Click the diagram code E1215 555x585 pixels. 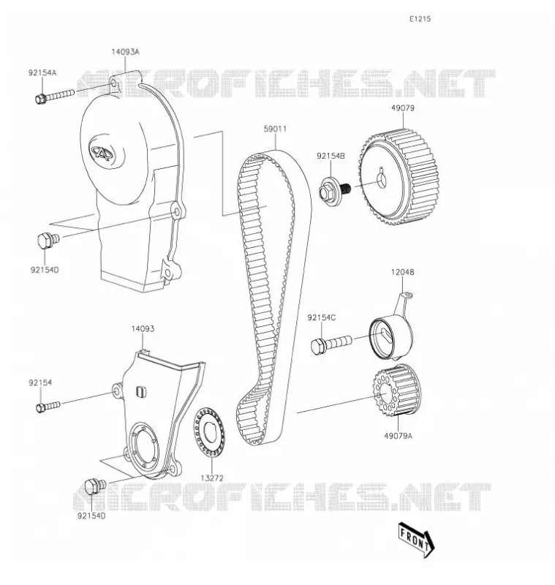420,19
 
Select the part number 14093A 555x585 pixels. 125,52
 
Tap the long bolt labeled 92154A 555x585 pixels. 55,97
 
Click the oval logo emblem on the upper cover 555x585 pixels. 102,151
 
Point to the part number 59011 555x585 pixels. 275,129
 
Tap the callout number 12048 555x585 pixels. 402,272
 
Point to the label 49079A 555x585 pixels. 398,436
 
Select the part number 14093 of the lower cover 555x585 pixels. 143,329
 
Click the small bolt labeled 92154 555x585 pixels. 48,407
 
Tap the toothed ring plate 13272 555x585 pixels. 209,432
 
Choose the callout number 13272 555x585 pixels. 212,478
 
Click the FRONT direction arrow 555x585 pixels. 417,540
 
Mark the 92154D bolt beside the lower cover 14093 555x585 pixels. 96,486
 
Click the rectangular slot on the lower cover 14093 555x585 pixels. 140,391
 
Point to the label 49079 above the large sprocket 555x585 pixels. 403,108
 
